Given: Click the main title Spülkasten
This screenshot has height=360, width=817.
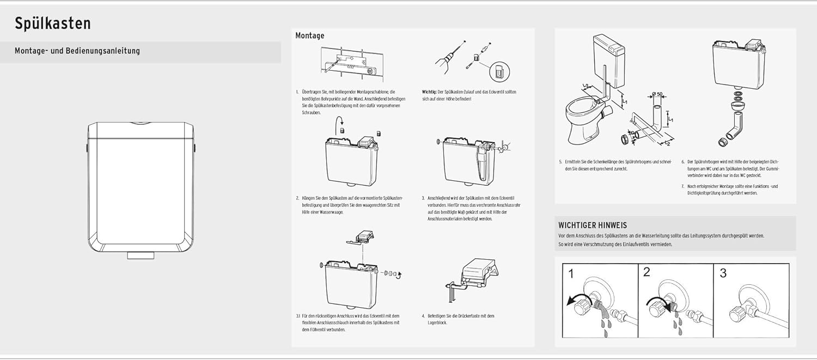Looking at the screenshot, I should coord(52,23).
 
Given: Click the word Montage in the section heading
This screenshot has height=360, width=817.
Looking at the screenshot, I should coord(309,35).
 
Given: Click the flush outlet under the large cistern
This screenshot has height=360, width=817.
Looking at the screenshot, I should coord(141,254).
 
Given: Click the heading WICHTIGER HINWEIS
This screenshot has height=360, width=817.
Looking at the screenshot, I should coord(593,225).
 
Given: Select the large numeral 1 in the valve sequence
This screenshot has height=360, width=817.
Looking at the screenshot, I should coord(570,274).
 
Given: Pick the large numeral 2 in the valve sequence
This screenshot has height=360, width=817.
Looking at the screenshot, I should coord(647,272).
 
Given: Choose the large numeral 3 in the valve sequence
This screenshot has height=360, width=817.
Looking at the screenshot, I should coord(723,273).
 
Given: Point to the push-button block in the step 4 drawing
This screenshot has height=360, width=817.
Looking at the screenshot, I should coord(477,270).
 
